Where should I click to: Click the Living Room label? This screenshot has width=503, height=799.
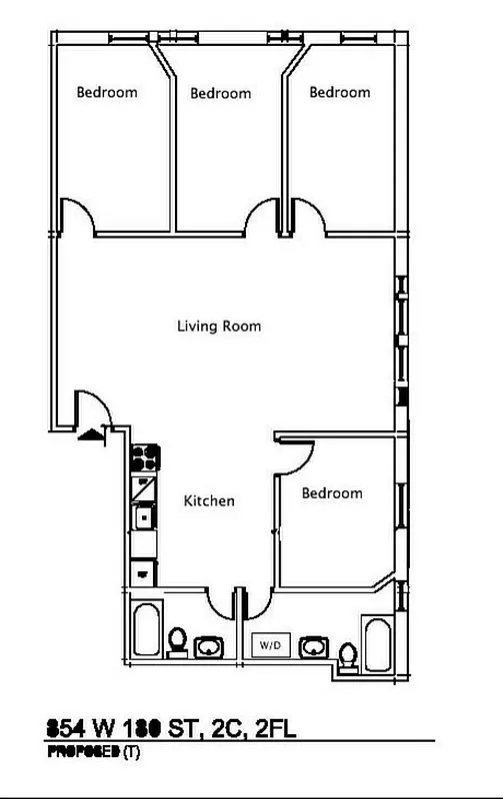[219, 326]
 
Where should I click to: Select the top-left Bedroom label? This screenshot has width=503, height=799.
[107, 92]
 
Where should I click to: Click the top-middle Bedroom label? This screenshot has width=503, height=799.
[220, 93]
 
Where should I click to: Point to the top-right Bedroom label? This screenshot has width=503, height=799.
[339, 92]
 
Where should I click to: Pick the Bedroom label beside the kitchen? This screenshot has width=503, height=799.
[332, 493]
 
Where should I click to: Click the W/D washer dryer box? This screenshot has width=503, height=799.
[271, 646]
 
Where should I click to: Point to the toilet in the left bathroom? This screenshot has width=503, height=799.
[177, 641]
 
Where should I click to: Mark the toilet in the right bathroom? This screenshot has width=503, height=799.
[347, 657]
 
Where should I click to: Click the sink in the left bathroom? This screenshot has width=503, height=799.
[209, 647]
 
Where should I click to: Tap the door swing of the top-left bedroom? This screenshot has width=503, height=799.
[77, 214]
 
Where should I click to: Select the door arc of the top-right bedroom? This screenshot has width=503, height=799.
[308, 214]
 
